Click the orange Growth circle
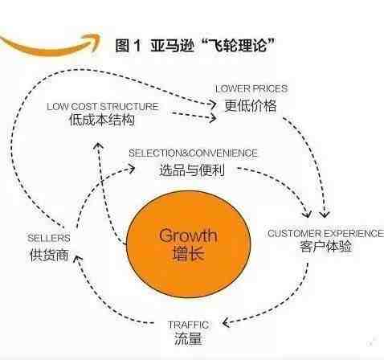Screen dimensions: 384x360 coord(188,244)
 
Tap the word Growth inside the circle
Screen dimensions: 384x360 coord(188,235)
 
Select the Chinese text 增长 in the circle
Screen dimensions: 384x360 coord(189,253)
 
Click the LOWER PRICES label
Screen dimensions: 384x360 coord(251,88)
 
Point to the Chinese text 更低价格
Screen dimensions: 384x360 coord(251,105)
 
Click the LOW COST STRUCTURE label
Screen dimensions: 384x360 coord(103,107)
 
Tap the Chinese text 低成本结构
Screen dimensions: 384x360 coord(102,120)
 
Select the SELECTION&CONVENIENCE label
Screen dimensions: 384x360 coord(193,153)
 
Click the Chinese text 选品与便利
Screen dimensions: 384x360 coord(192,170)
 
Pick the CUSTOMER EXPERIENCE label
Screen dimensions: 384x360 coord(325,233)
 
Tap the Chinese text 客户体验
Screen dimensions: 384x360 coord(325,247)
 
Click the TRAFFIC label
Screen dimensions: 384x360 coord(188,325)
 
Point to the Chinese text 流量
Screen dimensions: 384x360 coord(188,338)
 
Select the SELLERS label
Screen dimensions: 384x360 coord(49,238)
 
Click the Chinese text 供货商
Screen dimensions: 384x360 coord(49,255)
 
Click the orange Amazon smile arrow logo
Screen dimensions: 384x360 coord(51,46)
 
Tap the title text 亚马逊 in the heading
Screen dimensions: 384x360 coord(172,45)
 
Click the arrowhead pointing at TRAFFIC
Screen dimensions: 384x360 coord(226,323)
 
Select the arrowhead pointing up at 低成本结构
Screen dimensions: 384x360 coord(98,146)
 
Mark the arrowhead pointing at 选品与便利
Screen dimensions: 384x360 coord(132,169)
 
